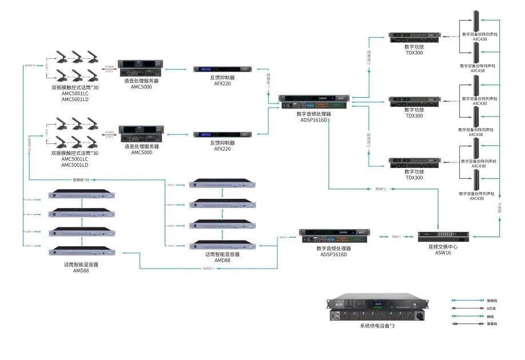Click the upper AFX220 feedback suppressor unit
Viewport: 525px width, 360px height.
pyautogui.click(x=224, y=69)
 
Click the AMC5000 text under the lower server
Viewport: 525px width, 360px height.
pyautogui.click(x=141, y=153)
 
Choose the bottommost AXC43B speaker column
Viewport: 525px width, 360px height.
pyautogui.click(x=475, y=182)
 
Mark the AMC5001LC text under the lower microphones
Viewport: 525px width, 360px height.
pyautogui.click(x=75, y=159)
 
